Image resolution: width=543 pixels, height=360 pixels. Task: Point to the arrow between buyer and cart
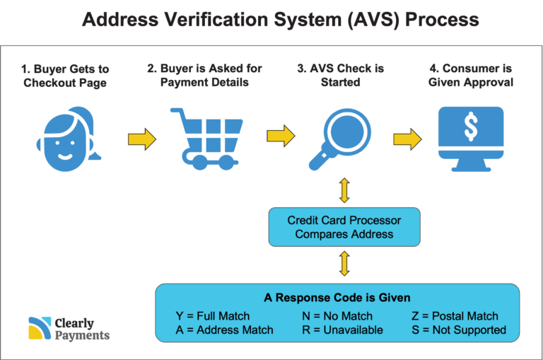(142, 139)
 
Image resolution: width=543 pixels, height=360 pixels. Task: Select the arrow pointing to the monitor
(407, 139)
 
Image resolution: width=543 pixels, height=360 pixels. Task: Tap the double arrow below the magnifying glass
(344, 190)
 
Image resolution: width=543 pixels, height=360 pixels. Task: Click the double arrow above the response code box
(344, 264)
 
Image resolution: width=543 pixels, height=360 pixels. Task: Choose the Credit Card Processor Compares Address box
(344, 227)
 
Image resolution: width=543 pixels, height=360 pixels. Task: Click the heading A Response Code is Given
(337, 298)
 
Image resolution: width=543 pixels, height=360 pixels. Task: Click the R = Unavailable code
(342, 330)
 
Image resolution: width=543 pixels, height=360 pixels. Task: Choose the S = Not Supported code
(459, 330)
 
